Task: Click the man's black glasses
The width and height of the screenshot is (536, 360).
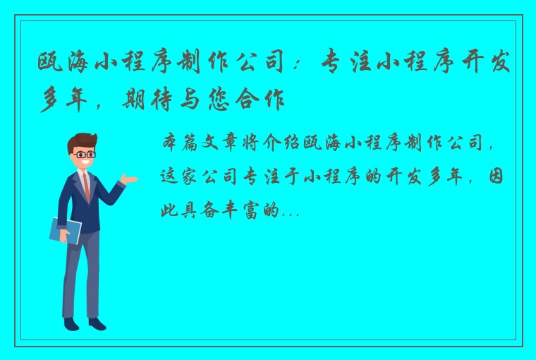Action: click(x=84, y=154)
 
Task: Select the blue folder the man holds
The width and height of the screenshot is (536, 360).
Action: click(x=66, y=230)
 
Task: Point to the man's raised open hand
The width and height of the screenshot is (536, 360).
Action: click(x=129, y=179)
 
